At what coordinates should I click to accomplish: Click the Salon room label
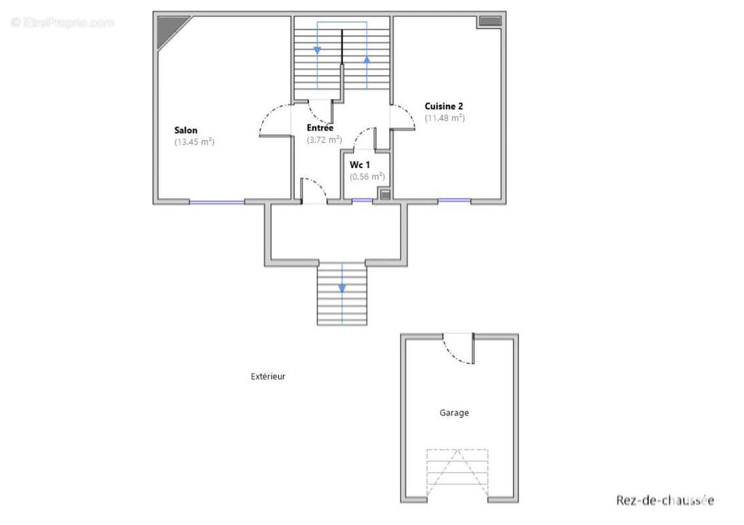(186, 130)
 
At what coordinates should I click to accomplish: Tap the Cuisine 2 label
(444, 106)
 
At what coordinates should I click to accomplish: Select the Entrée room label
(320, 128)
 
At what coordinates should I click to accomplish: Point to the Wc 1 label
(360, 165)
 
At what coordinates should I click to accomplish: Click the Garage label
(454, 413)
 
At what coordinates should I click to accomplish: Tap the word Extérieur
(268, 377)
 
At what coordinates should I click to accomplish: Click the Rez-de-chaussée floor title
(665, 500)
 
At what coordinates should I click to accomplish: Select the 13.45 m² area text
(195, 142)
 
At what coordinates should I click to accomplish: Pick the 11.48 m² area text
(445, 117)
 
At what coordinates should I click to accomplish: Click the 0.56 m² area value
(367, 177)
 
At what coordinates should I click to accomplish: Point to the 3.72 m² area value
(324, 140)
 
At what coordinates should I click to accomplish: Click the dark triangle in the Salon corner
(169, 28)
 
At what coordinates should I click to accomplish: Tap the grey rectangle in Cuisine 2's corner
(490, 21)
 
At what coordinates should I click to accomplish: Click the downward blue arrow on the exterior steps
(342, 288)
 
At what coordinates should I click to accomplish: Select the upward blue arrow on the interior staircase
(367, 59)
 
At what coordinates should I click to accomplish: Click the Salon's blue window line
(217, 202)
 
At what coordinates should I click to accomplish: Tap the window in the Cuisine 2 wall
(454, 201)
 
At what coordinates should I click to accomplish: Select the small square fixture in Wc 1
(385, 194)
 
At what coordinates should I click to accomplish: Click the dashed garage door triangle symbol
(457, 473)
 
